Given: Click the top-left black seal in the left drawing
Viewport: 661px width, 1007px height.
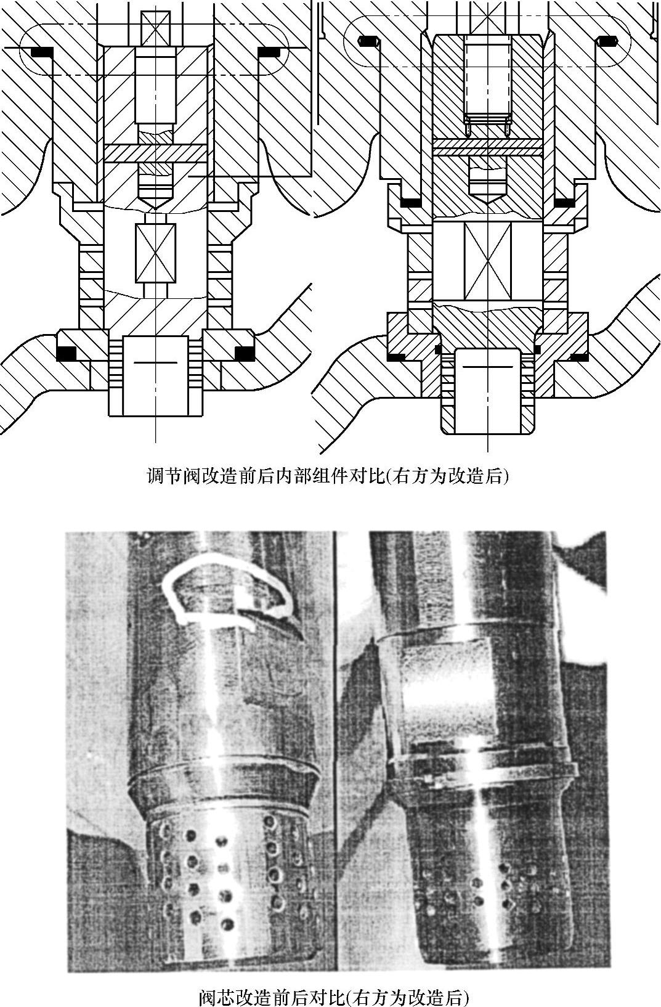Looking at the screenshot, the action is point(41,52).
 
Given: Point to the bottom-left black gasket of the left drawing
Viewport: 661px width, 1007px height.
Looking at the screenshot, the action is point(65,354).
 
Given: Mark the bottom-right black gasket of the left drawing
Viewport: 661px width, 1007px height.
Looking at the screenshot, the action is point(245,354).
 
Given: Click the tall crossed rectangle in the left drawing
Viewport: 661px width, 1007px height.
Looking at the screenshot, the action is point(155,253).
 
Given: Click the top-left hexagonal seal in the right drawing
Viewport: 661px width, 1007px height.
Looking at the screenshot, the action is point(368,41).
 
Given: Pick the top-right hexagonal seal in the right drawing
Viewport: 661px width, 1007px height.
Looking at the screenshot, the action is point(607,41).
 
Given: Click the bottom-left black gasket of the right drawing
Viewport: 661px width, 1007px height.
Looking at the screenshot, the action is point(395,357).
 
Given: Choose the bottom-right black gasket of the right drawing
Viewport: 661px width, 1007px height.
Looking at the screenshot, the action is point(578,357).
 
